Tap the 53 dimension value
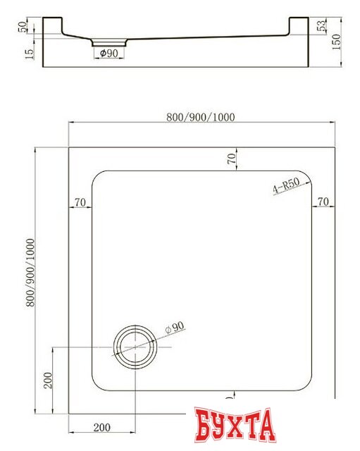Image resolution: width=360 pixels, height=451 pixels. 321,27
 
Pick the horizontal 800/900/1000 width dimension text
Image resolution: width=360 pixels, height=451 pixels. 201,117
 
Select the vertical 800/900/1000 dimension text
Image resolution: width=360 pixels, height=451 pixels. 29,275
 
